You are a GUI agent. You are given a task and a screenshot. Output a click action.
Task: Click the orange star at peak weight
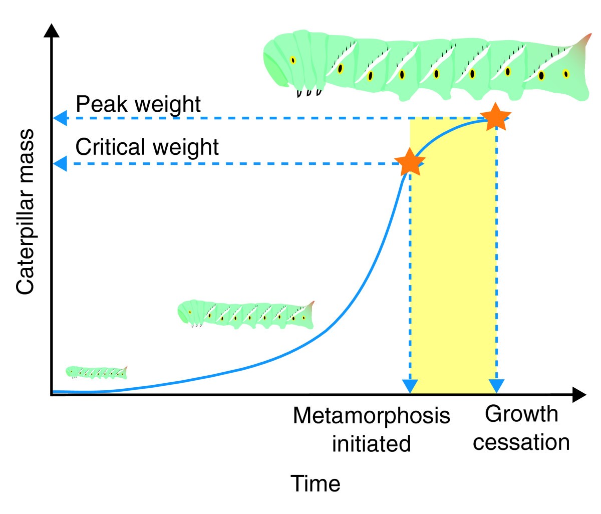click(495, 117)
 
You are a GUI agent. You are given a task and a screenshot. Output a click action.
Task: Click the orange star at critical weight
click(410, 162)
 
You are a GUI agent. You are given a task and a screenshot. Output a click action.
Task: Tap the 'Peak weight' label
click(138, 104)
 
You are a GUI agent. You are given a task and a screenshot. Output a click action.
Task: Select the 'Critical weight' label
click(147, 147)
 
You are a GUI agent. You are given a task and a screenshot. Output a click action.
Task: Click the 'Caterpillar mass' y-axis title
click(25, 212)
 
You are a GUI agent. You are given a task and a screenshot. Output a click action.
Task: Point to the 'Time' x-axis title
click(316, 483)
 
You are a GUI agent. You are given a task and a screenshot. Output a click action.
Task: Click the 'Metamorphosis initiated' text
click(371, 429)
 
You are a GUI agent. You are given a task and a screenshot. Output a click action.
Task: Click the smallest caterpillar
click(96, 372)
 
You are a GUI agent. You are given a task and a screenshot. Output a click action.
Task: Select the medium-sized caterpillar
click(245, 314)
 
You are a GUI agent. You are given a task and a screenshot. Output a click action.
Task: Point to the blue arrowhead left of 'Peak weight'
click(60, 119)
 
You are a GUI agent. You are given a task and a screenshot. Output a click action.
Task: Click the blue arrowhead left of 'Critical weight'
click(60, 164)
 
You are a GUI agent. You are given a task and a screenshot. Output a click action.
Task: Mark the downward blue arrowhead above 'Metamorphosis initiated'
click(410, 386)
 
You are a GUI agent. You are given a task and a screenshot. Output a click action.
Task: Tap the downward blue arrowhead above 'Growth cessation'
click(496, 386)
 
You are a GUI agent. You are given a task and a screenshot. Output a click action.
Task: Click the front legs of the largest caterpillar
click(309, 93)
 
